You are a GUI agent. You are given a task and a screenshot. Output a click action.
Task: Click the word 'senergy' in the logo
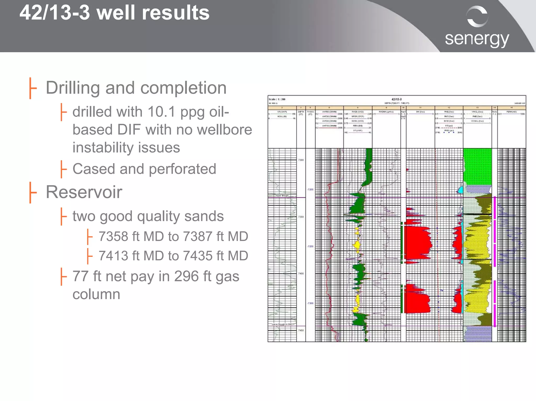coord(477,39)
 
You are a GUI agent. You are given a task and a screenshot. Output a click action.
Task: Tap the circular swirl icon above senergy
coord(477,16)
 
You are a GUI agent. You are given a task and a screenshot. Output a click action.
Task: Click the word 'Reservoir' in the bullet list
coord(84,192)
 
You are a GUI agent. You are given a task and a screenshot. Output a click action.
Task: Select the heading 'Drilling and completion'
coord(136,88)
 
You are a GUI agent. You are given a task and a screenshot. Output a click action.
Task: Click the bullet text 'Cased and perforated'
coord(144,169)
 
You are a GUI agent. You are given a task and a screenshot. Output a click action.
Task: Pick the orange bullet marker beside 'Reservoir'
coord(32,192)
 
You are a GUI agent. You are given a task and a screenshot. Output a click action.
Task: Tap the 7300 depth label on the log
coord(301,160)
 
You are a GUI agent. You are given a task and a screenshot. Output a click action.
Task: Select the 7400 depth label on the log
coord(301,273)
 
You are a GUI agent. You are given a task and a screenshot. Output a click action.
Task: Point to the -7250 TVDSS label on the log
coord(310,246)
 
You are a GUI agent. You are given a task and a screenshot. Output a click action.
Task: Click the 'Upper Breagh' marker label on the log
coord(282,196)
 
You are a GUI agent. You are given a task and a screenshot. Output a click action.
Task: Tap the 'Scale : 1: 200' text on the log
coord(277,99)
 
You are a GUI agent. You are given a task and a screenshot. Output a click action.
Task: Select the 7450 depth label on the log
coord(301,330)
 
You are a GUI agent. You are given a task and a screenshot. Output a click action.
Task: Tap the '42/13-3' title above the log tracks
coord(397,99)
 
